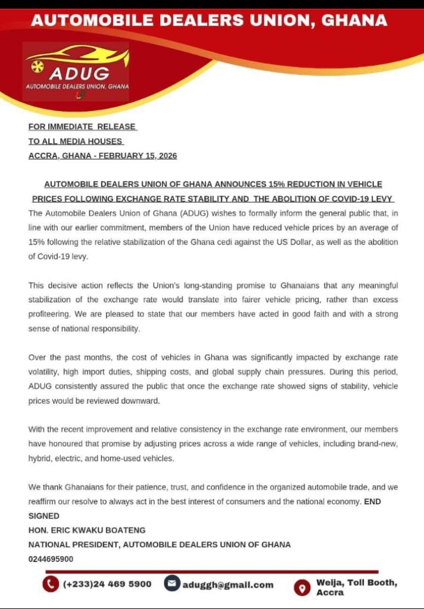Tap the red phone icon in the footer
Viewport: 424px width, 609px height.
(x=51, y=584)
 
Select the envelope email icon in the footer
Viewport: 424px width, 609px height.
(x=172, y=584)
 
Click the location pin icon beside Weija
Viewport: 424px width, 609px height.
(x=303, y=588)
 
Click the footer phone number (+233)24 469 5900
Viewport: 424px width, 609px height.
(x=107, y=584)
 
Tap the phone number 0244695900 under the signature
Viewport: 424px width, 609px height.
(x=51, y=559)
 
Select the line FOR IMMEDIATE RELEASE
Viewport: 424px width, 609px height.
(x=82, y=127)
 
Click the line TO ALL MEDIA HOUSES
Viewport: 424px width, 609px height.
(x=76, y=141)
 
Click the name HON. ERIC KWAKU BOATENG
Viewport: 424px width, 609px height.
(x=87, y=530)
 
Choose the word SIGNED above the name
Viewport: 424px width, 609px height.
(x=44, y=516)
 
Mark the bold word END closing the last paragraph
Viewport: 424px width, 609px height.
(x=372, y=501)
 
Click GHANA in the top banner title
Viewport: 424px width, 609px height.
(x=354, y=21)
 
